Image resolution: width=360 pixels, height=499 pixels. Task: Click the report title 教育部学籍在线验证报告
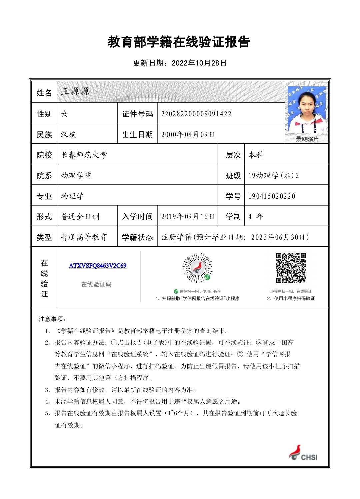(179, 42)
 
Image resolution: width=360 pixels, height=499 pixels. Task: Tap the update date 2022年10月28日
(180, 63)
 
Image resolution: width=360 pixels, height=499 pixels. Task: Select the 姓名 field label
(44, 93)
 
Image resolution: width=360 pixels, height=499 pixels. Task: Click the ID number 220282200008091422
(196, 114)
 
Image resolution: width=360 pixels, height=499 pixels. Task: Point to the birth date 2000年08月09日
(188, 135)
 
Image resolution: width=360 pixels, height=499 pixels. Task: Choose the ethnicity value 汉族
(68, 135)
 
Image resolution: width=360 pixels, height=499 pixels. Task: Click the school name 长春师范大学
(84, 155)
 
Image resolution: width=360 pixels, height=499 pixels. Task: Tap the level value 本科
(256, 155)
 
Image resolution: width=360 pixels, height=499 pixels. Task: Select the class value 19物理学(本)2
(273, 176)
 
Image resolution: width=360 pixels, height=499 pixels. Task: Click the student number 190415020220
(272, 196)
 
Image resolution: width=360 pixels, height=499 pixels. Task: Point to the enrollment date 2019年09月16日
(188, 217)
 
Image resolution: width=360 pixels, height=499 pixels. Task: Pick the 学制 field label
(233, 217)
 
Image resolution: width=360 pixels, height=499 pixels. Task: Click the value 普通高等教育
(84, 237)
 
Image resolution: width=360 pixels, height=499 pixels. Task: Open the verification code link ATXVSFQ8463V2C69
(98, 266)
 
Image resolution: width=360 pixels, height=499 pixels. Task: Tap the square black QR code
(291, 268)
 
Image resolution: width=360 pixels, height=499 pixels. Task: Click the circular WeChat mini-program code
(197, 268)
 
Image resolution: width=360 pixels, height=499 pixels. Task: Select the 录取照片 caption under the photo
(307, 139)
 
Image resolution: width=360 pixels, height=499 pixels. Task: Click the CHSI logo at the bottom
(303, 453)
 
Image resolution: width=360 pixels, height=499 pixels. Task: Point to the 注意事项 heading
(52, 319)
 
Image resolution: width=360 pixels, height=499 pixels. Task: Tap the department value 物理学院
(76, 176)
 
